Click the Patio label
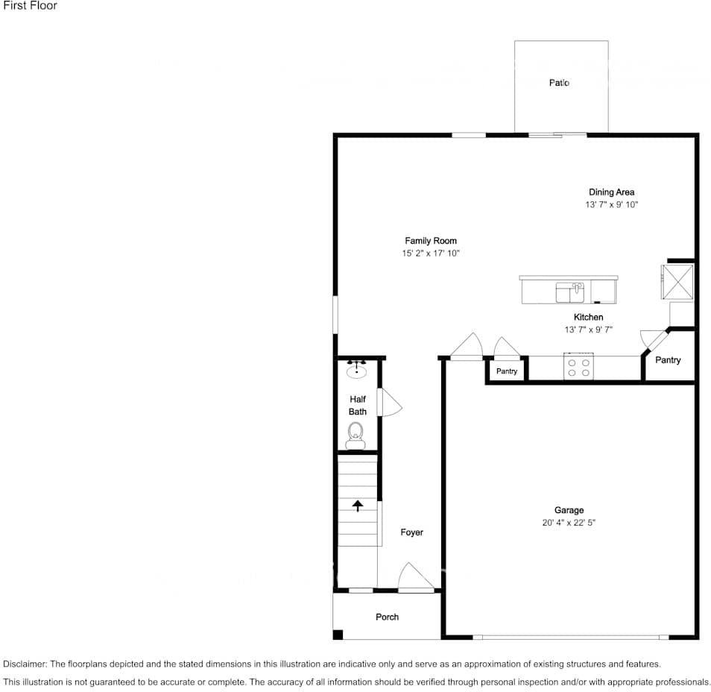click(559, 83)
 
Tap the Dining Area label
click(611, 192)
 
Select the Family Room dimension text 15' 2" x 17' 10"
click(431, 254)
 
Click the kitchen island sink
click(570, 292)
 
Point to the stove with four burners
click(578, 367)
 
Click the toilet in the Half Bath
click(355, 435)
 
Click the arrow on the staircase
click(358, 506)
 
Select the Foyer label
click(411, 532)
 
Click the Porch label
click(387, 617)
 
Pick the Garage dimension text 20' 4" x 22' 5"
click(569, 523)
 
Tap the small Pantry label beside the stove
click(507, 371)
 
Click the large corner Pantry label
click(668, 360)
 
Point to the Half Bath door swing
click(390, 403)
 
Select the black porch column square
click(338, 635)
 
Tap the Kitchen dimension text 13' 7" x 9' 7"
click(588, 330)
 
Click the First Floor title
click(30, 6)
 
